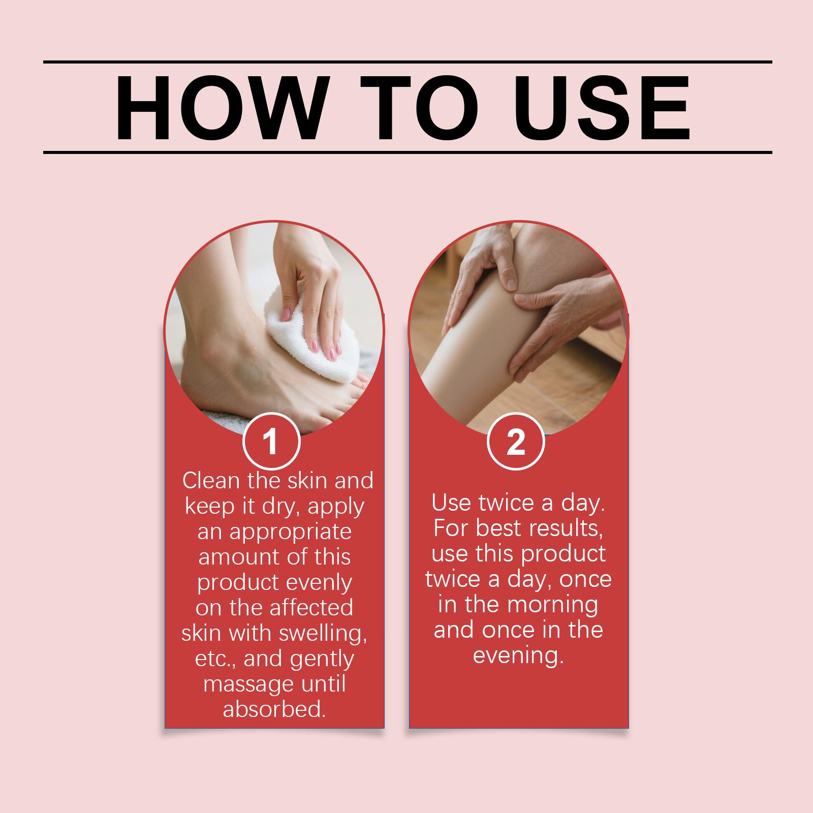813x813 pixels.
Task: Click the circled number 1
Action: point(271,442)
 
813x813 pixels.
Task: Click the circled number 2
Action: point(516,442)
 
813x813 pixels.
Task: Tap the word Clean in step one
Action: point(211,480)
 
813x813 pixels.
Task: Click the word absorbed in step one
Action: point(274,709)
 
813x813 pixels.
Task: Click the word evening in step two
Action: point(519,656)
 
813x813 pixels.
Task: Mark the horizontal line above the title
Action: point(408,62)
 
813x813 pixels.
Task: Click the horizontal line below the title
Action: point(408,152)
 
